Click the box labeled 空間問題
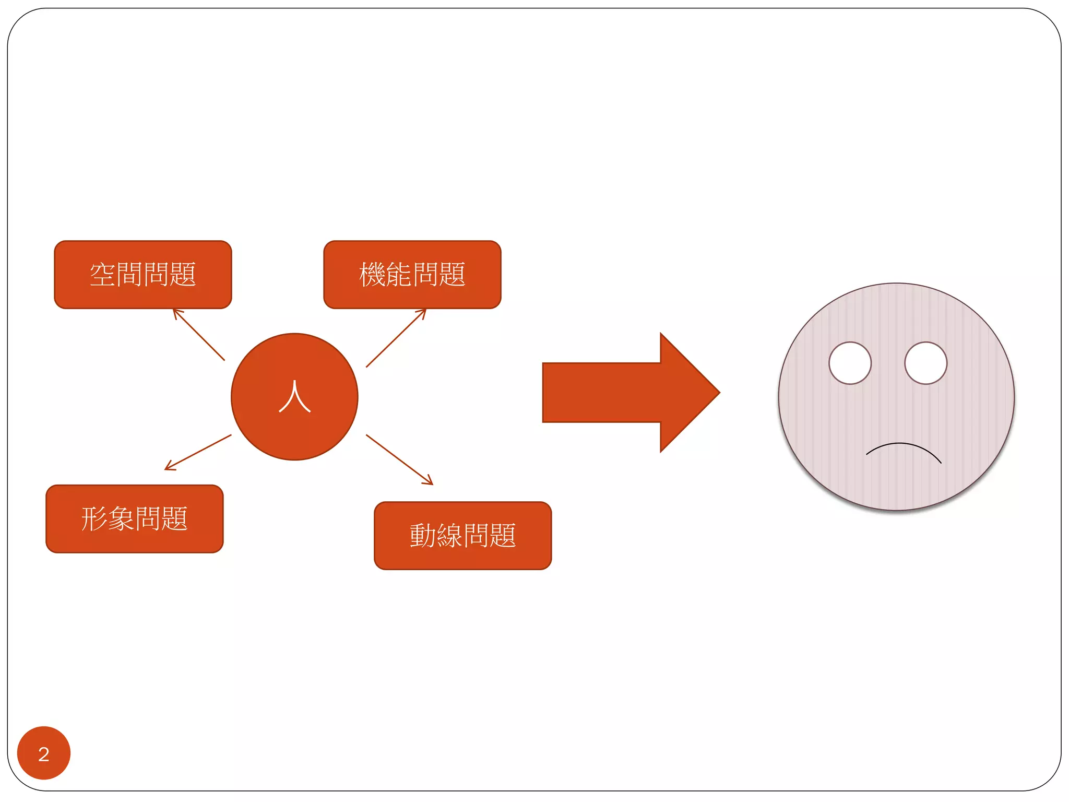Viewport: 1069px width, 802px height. coord(142,275)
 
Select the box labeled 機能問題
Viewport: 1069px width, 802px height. coord(412,275)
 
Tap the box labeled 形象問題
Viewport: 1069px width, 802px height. coord(134,518)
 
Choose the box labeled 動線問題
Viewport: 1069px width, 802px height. coord(462,536)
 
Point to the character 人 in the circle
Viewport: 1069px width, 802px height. coord(295,397)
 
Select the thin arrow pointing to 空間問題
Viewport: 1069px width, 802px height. coord(199,335)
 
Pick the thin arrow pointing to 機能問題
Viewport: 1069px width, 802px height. coord(396,338)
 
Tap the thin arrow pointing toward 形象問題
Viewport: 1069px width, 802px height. coord(198,452)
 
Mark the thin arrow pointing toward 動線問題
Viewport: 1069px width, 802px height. coord(399,459)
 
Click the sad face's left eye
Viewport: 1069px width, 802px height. coord(850,363)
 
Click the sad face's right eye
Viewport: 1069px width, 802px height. coord(925,363)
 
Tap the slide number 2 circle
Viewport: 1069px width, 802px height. coord(44,753)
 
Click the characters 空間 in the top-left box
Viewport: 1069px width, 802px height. coord(116,275)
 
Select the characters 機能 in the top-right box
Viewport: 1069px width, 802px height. coord(385,275)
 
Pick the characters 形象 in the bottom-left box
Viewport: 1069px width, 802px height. coord(108,518)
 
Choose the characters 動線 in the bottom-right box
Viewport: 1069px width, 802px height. coord(436,536)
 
